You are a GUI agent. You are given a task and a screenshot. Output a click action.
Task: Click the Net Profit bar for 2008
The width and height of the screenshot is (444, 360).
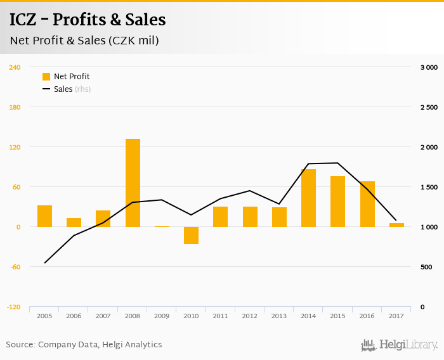(x=133, y=183)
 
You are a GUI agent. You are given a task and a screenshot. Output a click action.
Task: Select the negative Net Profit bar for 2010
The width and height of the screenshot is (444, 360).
(x=192, y=235)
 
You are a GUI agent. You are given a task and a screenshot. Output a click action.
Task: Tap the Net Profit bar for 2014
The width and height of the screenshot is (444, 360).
(x=308, y=198)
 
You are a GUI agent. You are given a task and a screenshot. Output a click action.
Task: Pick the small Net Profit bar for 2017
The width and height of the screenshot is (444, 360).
(x=396, y=225)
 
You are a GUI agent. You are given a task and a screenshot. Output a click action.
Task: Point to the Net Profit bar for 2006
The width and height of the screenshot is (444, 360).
(x=74, y=222)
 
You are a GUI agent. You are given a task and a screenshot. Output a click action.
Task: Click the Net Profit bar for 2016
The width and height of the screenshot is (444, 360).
(x=367, y=204)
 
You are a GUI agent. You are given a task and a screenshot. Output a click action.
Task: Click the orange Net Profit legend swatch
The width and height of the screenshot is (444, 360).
(x=46, y=77)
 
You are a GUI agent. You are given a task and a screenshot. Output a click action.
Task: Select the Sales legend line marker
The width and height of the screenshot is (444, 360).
(x=46, y=89)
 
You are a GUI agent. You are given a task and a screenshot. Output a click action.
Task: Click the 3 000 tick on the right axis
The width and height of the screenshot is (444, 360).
(x=429, y=67)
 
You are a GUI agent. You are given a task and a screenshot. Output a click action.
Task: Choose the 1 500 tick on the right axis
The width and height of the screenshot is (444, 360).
(x=429, y=187)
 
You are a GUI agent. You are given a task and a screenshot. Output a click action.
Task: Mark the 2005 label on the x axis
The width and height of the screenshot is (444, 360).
(x=44, y=316)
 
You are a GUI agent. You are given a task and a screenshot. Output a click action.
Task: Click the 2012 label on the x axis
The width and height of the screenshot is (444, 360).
(x=250, y=316)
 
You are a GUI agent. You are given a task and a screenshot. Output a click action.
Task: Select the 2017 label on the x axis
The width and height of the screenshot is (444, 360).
(x=396, y=316)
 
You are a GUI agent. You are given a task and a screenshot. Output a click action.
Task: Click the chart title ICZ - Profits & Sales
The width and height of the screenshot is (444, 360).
(x=88, y=20)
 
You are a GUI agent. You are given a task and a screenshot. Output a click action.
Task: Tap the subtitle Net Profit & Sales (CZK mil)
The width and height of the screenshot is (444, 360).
(x=84, y=41)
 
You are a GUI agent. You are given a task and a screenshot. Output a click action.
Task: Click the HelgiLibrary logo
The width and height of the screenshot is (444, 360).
(x=399, y=345)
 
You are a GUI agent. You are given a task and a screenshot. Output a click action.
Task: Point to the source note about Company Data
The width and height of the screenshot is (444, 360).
(x=84, y=345)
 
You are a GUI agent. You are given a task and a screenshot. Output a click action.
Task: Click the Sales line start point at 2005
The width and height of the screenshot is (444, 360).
(x=44, y=262)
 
